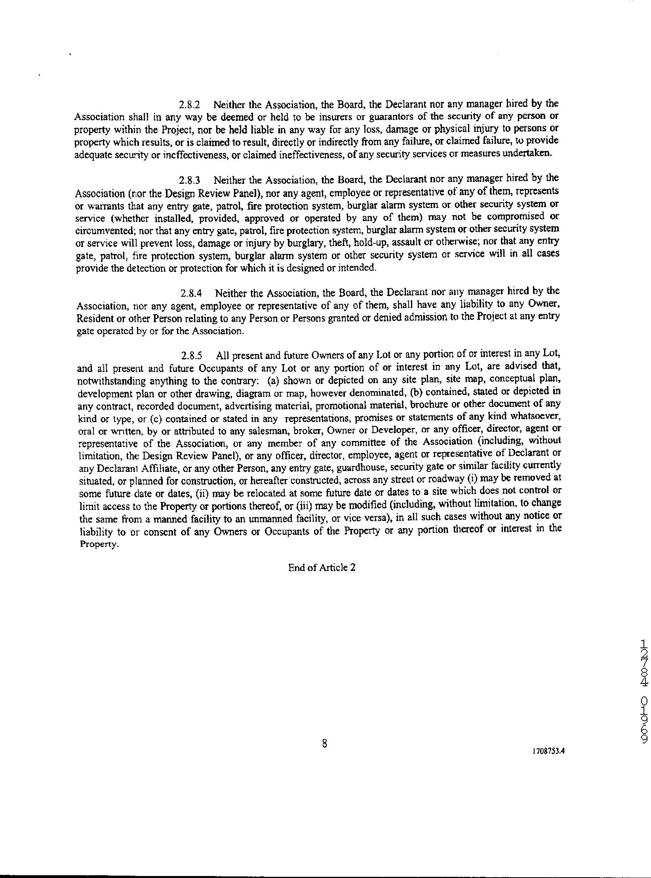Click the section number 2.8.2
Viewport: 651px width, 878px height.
[190, 105]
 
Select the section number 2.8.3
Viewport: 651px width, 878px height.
[190, 181]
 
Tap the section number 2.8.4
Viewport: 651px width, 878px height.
[191, 294]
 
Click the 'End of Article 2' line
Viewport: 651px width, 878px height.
[322, 567]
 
